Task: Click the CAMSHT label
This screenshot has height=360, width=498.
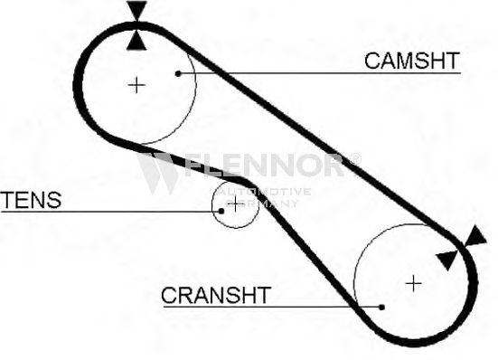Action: click(x=412, y=61)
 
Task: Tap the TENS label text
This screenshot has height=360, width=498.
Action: click(x=31, y=200)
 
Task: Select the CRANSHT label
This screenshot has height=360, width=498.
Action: click(x=216, y=295)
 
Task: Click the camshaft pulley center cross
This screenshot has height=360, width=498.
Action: click(x=136, y=85)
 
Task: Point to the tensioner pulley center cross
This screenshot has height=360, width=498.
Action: click(x=235, y=204)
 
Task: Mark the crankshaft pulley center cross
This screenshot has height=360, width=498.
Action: click(x=414, y=283)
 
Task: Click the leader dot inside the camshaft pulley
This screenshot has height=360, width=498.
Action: click(x=178, y=73)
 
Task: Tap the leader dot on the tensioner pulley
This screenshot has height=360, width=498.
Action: click(x=221, y=211)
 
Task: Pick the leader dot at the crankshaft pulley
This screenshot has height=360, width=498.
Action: click(x=382, y=308)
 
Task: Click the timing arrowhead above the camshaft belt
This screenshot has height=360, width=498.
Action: click(x=136, y=10)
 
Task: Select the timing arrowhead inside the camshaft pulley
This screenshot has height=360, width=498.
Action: click(x=136, y=41)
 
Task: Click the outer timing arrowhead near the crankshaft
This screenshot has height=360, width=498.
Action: click(x=475, y=236)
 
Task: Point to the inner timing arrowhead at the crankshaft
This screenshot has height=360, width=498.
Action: click(x=447, y=260)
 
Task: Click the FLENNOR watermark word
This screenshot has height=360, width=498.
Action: click(x=264, y=165)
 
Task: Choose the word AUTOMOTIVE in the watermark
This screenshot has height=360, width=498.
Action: click(x=264, y=192)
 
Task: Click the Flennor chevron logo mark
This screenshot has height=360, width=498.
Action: click(x=158, y=173)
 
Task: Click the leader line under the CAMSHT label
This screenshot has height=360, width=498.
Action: click(x=320, y=73)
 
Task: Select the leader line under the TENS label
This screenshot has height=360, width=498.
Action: click(x=110, y=211)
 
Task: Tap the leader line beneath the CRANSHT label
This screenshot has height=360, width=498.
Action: click(x=273, y=307)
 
